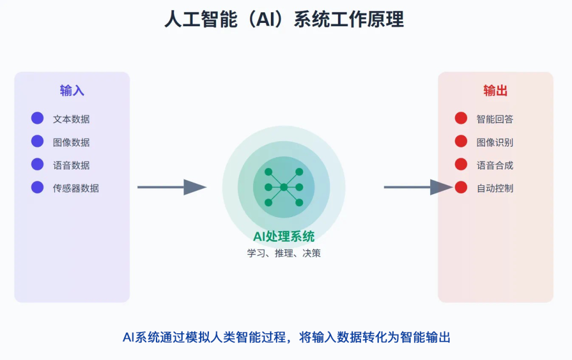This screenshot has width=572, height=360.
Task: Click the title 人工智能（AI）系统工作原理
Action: click(284, 20)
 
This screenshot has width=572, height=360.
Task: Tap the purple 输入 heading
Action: click(72, 90)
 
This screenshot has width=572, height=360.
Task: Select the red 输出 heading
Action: click(495, 90)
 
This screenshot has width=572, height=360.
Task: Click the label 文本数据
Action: click(71, 119)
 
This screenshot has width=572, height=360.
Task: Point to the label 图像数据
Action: click(71, 142)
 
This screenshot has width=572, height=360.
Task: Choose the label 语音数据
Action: click(71, 165)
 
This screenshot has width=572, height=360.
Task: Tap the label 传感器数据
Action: click(76, 188)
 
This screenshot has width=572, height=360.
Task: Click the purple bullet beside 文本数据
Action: click(37, 118)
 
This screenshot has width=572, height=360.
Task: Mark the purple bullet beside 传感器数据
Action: click(37, 188)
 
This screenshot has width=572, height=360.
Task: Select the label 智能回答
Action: click(495, 119)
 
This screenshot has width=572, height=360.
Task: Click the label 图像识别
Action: click(495, 142)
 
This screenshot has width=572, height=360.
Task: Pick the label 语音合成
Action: click(495, 165)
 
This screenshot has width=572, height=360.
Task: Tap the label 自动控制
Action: click(495, 188)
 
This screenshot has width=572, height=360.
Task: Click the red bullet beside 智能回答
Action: click(461, 118)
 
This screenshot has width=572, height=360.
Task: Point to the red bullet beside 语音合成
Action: click(461, 164)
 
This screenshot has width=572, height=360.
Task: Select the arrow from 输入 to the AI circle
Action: click(172, 188)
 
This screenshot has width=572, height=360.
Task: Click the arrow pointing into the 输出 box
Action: click(418, 188)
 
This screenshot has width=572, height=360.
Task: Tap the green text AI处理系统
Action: click(284, 237)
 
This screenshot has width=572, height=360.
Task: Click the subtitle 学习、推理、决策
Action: click(284, 253)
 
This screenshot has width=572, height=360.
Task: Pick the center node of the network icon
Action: click(284, 188)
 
